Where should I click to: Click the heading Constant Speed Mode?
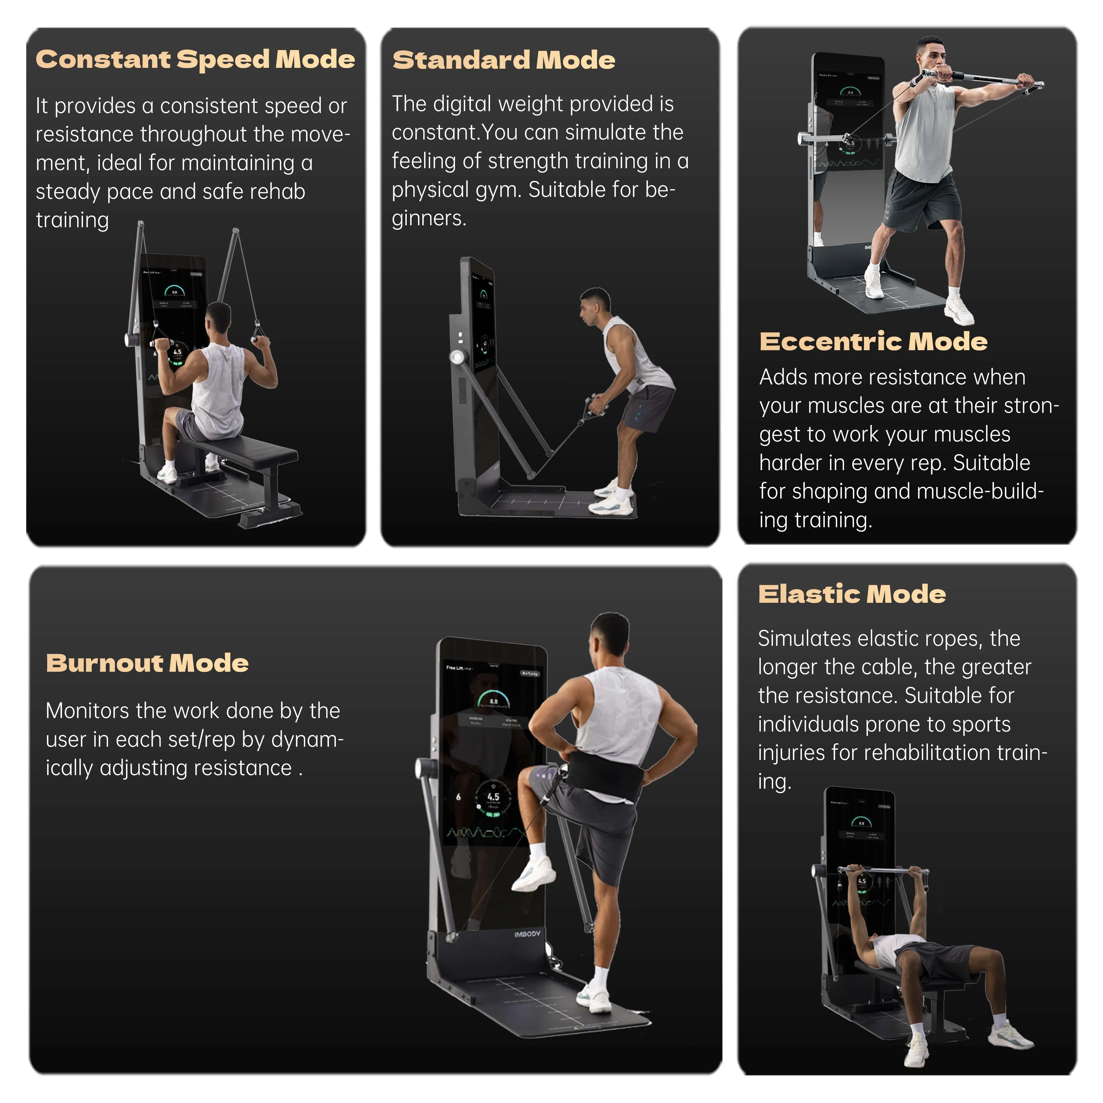195,59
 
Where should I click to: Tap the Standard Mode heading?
504,60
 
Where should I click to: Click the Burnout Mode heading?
147,663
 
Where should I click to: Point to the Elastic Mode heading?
852,594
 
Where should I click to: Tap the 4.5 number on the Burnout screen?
493,796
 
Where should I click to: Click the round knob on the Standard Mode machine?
457,358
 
